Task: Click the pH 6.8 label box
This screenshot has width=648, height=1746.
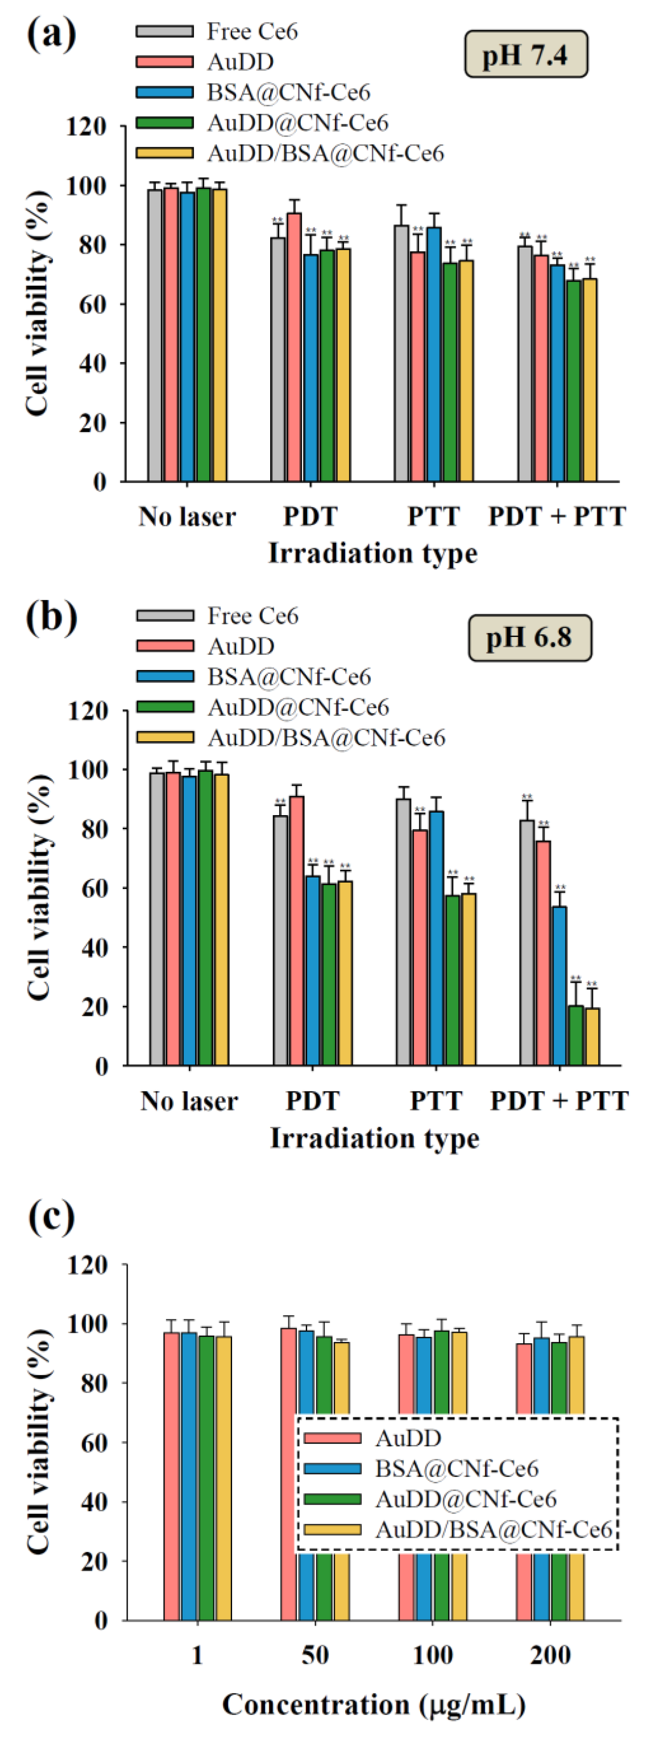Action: (529, 638)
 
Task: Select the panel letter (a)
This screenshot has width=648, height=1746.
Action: (52, 34)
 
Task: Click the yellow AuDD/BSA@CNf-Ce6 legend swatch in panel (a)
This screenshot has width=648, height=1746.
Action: (164, 153)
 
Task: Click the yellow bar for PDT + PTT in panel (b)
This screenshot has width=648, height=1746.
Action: (592, 1036)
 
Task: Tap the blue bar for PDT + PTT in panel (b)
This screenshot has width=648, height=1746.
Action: (559, 986)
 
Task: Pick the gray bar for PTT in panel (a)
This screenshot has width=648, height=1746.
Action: (402, 352)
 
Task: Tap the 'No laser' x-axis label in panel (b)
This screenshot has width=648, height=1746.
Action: (189, 1101)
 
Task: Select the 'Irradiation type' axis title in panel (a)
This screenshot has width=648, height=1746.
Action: (372, 553)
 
